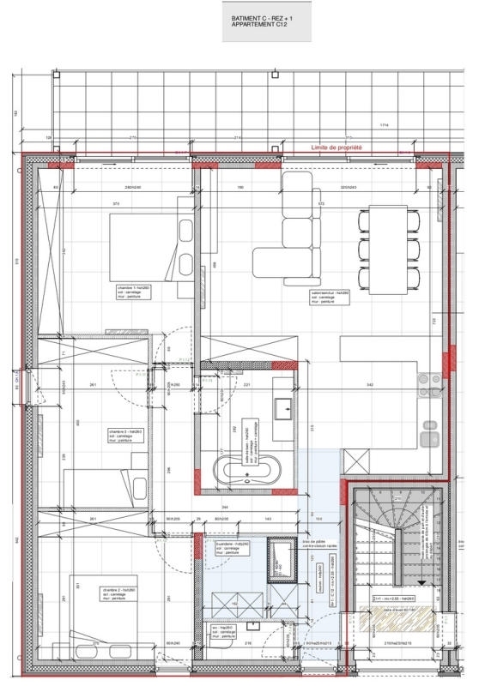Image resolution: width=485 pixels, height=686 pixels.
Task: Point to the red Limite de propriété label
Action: point(336,148)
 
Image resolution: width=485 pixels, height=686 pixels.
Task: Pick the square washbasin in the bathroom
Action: point(282,408)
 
